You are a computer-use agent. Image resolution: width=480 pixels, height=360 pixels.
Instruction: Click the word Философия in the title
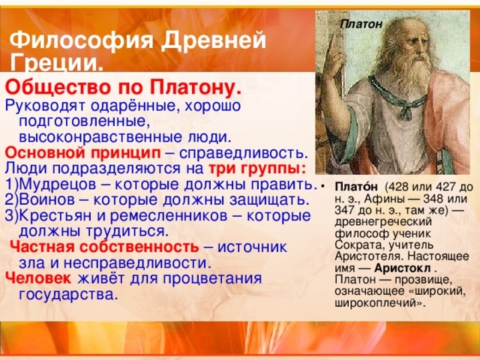[82, 40]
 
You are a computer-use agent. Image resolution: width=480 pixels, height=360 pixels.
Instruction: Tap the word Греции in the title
[54, 64]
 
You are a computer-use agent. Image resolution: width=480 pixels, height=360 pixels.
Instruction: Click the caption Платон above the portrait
[361, 24]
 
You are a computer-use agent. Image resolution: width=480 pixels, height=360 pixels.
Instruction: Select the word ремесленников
[169, 216]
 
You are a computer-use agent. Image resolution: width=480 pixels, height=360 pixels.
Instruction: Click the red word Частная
[43, 247]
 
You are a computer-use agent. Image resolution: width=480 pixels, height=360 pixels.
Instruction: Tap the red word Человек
[38, 278]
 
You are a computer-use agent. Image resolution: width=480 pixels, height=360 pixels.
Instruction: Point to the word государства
[68, 295]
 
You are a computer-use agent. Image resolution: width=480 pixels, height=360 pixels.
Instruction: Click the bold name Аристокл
[402, 268]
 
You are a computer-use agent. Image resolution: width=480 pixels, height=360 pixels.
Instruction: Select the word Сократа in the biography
[355, 245]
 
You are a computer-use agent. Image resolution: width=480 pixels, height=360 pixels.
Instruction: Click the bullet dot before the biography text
[322, 187]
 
